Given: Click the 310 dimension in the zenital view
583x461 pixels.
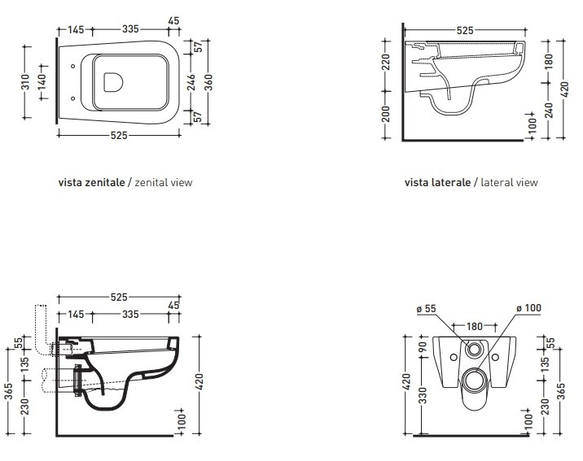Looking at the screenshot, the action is tap(25, 82).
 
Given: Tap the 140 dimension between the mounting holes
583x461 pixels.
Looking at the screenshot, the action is tap(42, 82).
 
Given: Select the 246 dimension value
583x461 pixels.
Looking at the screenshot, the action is tap(191, 82).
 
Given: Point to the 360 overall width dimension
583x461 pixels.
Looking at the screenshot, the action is tap(208, 82).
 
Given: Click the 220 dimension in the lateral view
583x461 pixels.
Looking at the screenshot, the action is tap(386, 62).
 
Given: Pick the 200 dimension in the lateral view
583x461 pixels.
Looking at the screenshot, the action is tap(386, 114).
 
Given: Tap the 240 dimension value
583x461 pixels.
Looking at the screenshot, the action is tap(549, 111).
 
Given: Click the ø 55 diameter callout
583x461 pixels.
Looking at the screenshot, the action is tap(426, 309).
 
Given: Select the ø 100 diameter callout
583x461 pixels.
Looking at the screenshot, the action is tap(528, 308).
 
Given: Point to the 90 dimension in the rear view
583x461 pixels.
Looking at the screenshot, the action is tap(423, 347).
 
